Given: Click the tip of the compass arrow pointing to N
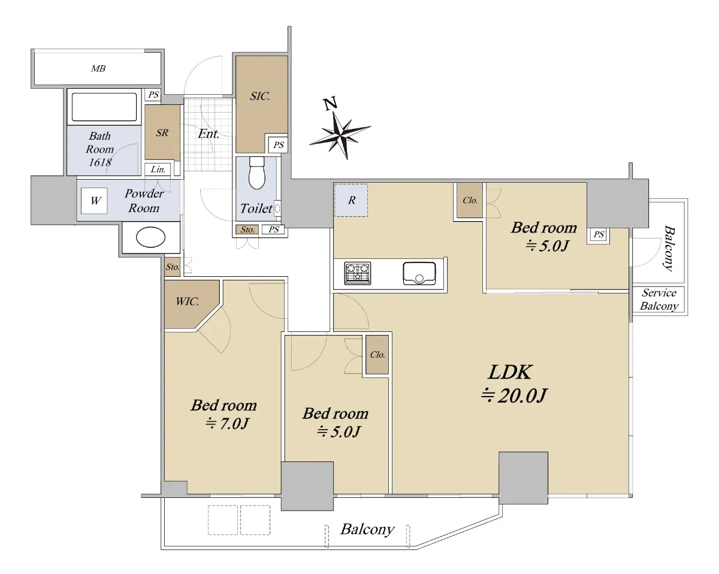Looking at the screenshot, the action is (334, 111).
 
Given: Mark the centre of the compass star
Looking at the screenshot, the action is (341, 135).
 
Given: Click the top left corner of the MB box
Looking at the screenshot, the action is (31, 49).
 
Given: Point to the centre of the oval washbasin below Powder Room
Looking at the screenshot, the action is (150, 237).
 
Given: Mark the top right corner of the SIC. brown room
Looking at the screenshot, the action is (288, 56).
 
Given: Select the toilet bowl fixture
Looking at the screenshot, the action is (256, 173).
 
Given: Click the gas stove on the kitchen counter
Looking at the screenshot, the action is (358, 273).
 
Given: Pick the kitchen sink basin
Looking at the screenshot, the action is (419, 273).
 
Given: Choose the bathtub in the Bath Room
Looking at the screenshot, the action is (104, 107).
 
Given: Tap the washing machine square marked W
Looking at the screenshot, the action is (94, 201).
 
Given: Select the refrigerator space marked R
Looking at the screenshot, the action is (351, 200).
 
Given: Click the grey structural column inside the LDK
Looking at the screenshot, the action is (523, 478).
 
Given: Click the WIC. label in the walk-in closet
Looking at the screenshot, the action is (188, 302).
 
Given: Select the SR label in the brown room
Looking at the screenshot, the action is (162, 132).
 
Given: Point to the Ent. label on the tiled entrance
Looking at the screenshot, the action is (209, 134).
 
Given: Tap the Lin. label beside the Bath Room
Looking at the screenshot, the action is (158, 170).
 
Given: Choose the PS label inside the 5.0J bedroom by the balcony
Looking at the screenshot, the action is (599, 234).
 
